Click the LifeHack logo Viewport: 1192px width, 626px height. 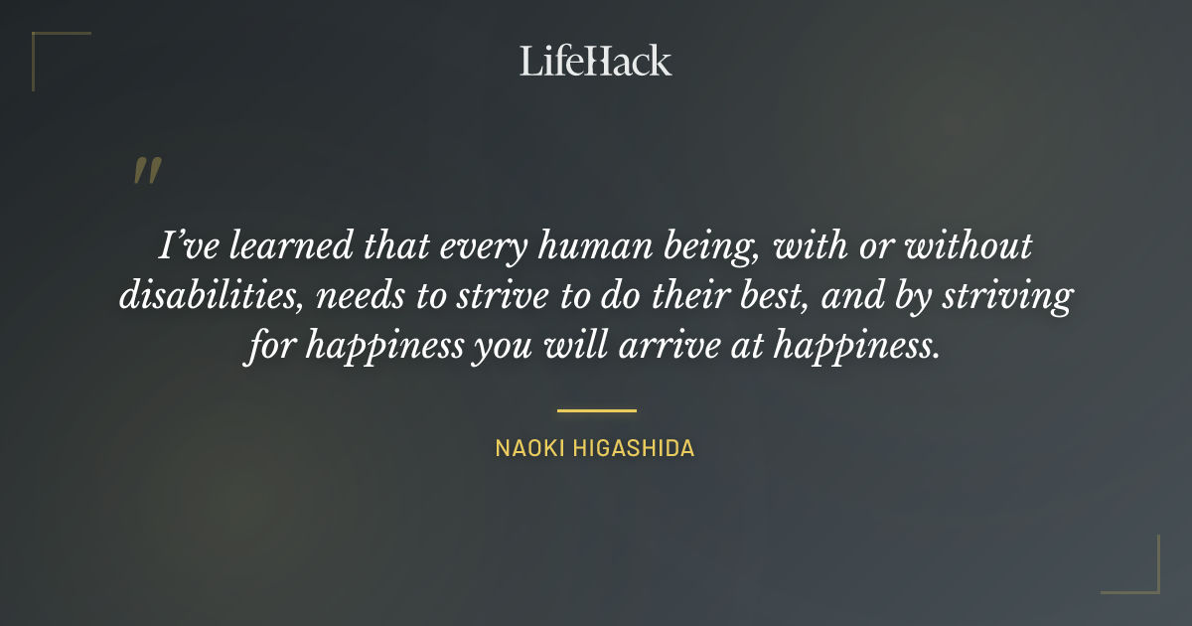[596, 61]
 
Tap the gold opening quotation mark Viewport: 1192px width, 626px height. [147, 171]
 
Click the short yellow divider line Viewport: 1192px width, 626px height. [596, 409]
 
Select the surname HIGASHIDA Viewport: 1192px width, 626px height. [633, 448]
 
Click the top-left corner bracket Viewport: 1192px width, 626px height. [45, 45]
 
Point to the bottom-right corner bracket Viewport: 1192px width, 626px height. [1147, 581]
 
